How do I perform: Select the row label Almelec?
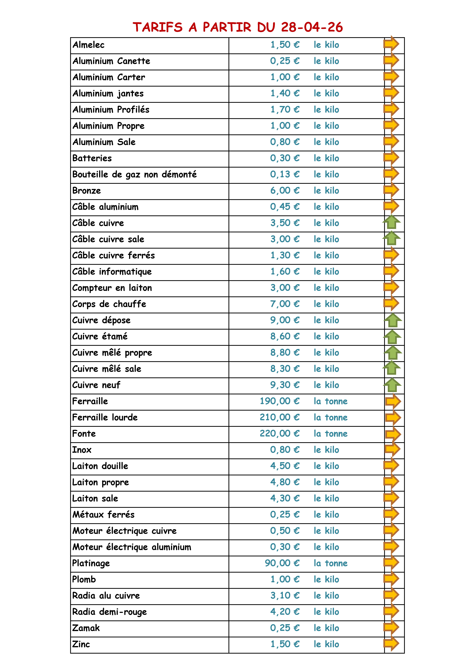click(x=88, y=45)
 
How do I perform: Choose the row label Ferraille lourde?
click(x=105, y=417)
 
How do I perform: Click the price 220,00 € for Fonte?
click(x=279, y=433)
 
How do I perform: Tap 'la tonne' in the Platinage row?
click(x=330, y=563)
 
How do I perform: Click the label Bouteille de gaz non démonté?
click(x=134, y=174)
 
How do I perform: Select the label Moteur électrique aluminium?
click(x=132, y=547)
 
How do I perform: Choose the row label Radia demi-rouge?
click(x=109, y=612)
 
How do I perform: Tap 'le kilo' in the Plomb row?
click(x=326, y=579)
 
